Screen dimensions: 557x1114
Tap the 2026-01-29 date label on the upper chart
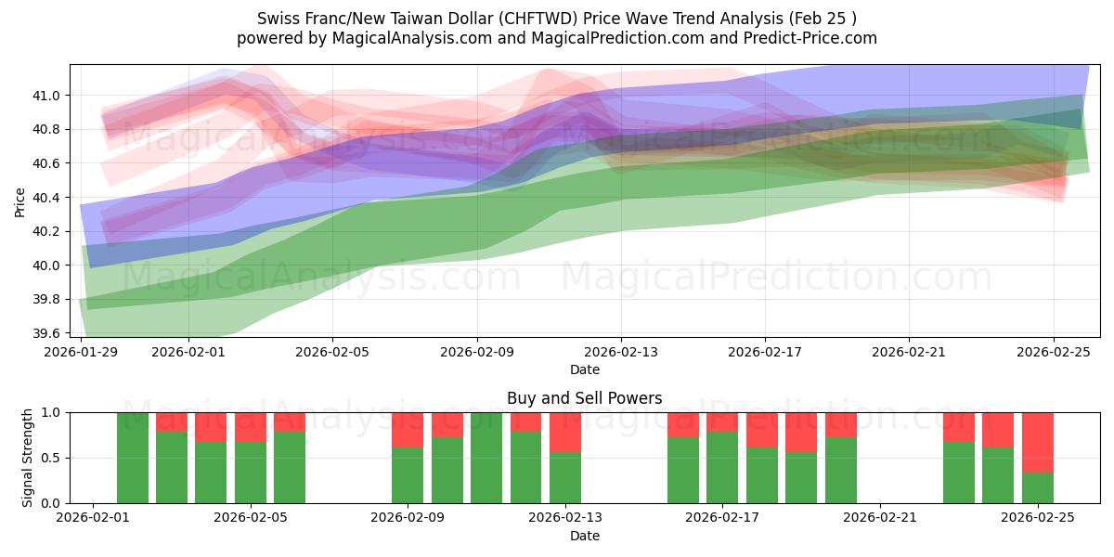[82, 352]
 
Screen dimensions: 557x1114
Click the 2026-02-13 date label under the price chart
[621, 352]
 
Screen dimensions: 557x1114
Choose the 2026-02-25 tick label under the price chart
[1053, 352]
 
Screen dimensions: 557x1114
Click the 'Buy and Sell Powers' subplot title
[584, 398]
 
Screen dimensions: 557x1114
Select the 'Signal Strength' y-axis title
[28, 457]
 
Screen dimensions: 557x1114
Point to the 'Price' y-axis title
[20, 201]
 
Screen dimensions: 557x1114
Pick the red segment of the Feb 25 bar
[1037, 442]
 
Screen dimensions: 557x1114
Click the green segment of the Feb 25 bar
[1037, 487]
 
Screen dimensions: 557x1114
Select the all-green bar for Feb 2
[133, 458]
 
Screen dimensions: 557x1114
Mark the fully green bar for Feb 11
[486, 458]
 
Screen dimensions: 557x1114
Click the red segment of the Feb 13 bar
[565, 432]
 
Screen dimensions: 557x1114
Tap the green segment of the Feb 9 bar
[408, 475]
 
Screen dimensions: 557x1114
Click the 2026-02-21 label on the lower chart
[879, 518]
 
